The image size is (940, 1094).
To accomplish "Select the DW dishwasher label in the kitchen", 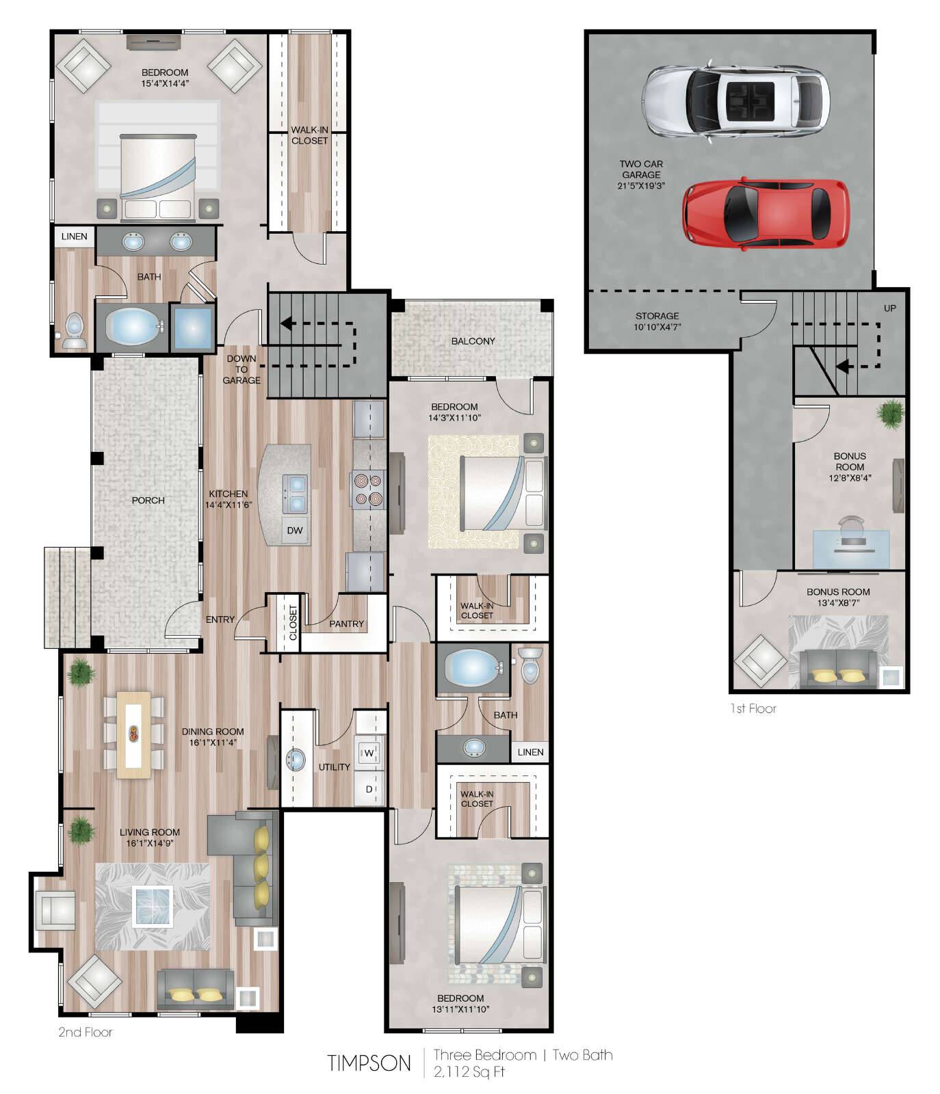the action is [295, 531].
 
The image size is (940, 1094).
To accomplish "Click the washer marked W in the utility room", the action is [369, 753].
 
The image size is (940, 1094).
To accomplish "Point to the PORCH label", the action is [148, 501].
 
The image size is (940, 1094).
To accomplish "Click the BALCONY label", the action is [473, 341].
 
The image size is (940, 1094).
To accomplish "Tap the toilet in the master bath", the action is [73, 332].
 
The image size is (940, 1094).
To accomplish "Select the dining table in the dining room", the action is [134, 735].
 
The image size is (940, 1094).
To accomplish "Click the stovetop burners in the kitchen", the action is [366, 489].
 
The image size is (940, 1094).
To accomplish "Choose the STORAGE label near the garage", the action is [657, 316].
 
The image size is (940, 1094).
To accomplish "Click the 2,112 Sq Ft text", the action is [469, 1071].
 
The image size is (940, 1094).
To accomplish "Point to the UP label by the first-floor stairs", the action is [889, 308].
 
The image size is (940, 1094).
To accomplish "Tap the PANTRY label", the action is [346, 624].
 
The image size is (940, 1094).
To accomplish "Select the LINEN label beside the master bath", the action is [74, 237].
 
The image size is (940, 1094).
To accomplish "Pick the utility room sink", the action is [296, 760].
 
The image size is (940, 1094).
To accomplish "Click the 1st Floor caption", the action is [753, 709].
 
